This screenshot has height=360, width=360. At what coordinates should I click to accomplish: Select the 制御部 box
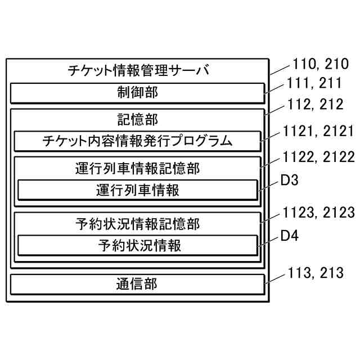coord(137,93)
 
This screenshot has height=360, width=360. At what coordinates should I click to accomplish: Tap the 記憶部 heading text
coord(137,119)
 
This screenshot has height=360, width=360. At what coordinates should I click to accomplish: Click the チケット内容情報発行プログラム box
coord(137,141)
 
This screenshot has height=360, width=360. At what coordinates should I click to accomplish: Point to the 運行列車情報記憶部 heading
coord(137,168)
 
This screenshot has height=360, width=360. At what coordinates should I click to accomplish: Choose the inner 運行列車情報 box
coord(137,190)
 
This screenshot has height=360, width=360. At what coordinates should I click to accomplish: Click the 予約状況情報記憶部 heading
coord(137,224)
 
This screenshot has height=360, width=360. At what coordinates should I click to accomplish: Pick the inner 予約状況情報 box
coord(137,246)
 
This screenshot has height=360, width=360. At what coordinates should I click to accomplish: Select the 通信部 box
coord(137,284)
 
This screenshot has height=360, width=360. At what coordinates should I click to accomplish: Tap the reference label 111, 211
coord(314,84)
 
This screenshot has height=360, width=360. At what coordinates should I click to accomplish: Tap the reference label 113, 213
coord(314,273)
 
